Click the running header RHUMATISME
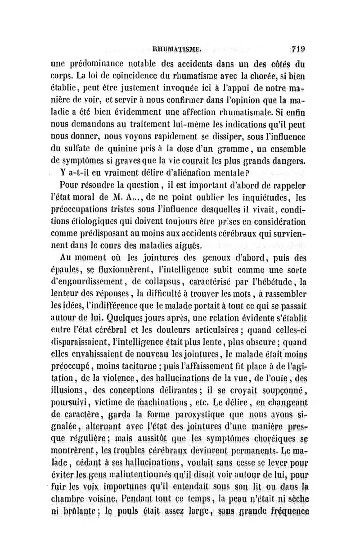179,45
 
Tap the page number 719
297,45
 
